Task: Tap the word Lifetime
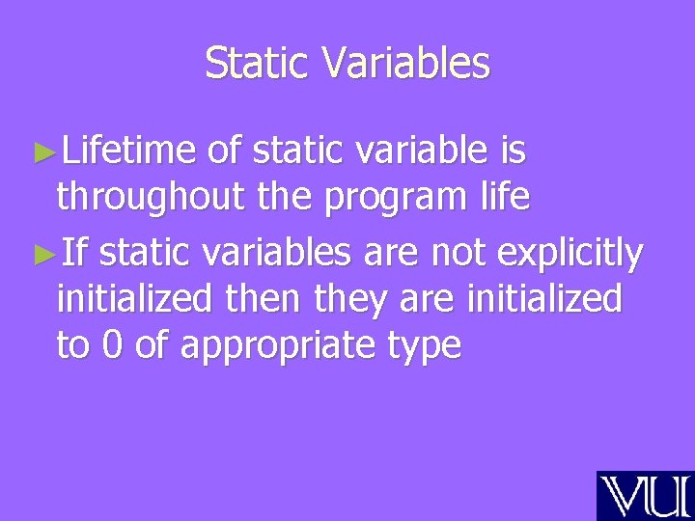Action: click(x=129, y=151)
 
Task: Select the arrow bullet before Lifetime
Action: click(x=41, y=152)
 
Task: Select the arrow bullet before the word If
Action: click(x=41, y=256)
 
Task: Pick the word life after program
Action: click(x=504, y=198)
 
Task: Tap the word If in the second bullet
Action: click(x=74, y=254)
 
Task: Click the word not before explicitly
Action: click(x=459, y=254)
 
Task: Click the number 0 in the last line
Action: click(x=113, y=346)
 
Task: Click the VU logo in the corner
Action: click(x=645, y=495)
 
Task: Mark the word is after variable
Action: click(x=514, y=151)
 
